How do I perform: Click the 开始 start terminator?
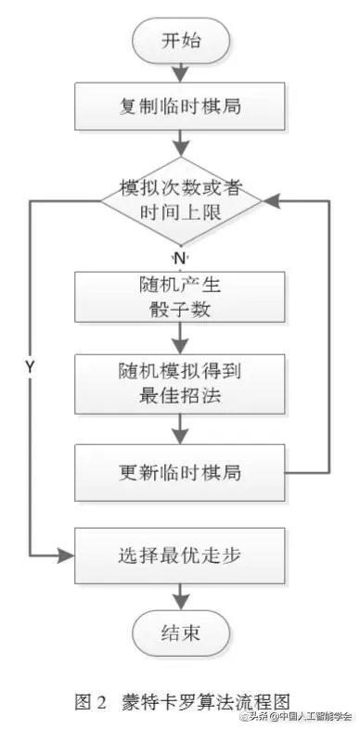tap(181, 42)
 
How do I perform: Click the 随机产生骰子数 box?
tap(181, 296)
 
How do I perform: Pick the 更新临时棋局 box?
tap(181, 471)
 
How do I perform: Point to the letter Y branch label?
tap(30, 367)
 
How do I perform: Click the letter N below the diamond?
tap(180, 254)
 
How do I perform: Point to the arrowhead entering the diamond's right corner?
tap(270, 199)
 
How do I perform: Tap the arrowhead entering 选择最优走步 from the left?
tap(65, 556)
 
